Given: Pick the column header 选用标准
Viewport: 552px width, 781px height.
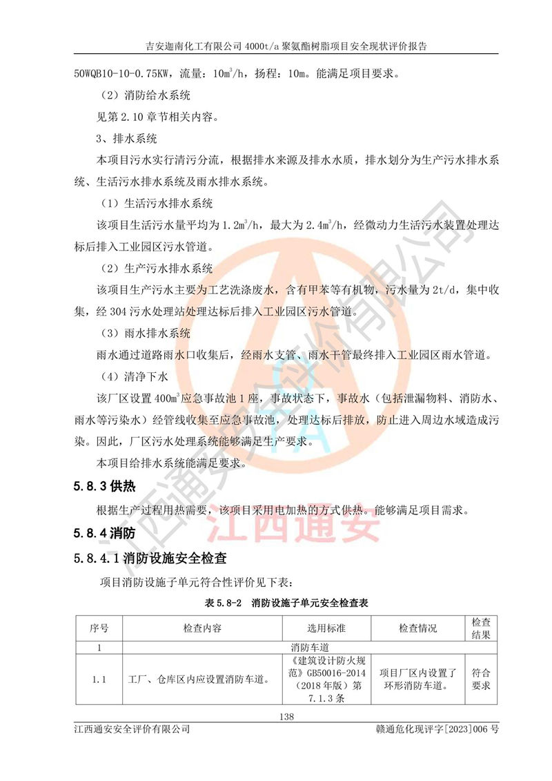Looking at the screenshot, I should click(326, 629).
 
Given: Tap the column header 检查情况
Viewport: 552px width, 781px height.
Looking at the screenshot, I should click(418, 629).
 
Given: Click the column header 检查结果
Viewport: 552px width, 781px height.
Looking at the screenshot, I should click(480, 628).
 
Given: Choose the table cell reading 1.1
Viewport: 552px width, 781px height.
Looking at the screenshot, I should click(99, 679).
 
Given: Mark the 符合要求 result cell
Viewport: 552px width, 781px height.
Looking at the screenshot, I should click(480, 679).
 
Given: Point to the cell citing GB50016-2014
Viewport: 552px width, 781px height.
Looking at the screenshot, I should click(326, 679).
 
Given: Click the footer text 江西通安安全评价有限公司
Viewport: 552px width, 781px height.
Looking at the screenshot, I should click(132, 729).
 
